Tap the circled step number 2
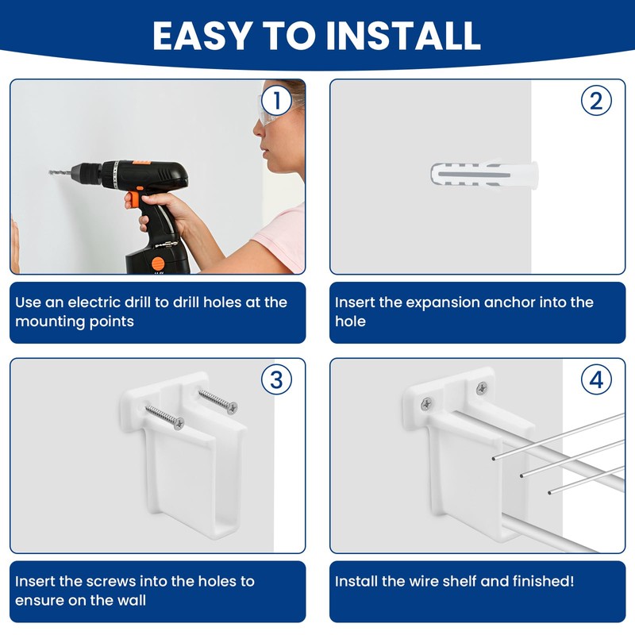(596, 101)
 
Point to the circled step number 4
(596, 380)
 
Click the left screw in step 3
(164, 416)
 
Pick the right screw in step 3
(217, 401)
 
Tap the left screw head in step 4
(427, 403)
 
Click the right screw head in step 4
(481, 388)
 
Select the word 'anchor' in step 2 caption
(534, 302)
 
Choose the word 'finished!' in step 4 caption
(538, 581)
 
